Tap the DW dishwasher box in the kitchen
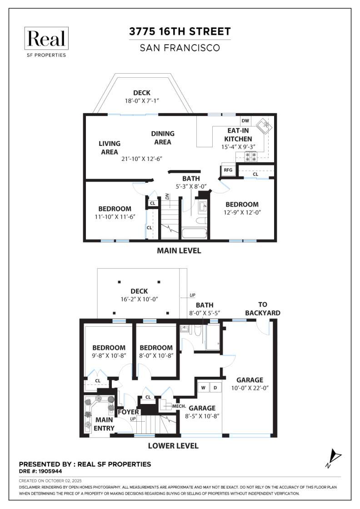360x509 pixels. pyautogui.click(x=245, y=121)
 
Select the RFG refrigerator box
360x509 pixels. pyautogui.click(x=228, y=170)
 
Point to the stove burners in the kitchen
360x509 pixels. pyautogui.click(x=250, y=157)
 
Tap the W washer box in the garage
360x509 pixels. pyautogui.click(x=204, y=388)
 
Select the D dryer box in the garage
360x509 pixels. pyautogui.click(x=215, y=388)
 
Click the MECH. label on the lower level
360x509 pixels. pyautogui.click(x=179, y=406)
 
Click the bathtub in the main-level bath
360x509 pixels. pyautogui.click(x=194, y=234)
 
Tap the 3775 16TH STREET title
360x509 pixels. pyautogui.click(x=180, y=31)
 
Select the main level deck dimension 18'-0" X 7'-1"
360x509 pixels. pyautogui.click(x=142, y=100)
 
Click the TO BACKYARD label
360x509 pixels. pyautogui.click(x=263, y=309)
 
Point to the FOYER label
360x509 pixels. pyautogui.click(x=128, y=412)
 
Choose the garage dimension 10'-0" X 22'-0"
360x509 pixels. pyautogui.click(x=250, y=388)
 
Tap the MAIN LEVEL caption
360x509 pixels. pyautogui.click(x=179, y=250)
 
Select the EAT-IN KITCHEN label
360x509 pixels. pyautogui.click(x=238, y=135)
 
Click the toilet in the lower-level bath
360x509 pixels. pyautogui.click(x=198, y=331)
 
